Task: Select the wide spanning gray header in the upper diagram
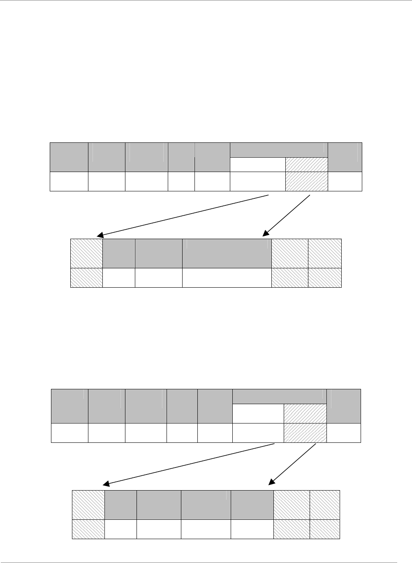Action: coord(279,150)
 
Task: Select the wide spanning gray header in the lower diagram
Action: coord(280,396)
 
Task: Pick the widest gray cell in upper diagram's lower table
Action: coord(227,253)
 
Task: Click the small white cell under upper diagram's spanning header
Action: coord(257,164)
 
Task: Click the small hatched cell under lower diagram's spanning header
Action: coord(305,413)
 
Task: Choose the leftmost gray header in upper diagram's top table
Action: coord(69,157)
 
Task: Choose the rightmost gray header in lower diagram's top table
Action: coord(344,406)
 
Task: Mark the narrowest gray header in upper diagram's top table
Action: coord(181,157)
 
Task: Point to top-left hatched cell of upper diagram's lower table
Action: coord(87,253)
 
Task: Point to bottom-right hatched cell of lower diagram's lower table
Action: coord(325,529)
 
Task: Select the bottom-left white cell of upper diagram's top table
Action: coord(69,181)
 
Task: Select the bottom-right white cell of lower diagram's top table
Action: coord(344,433)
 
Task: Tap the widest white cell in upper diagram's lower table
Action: coord(227,277)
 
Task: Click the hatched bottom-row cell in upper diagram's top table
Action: coord(307,181)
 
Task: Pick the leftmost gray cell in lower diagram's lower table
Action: coord(121,505)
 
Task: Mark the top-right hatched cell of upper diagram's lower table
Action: coord(325,253)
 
